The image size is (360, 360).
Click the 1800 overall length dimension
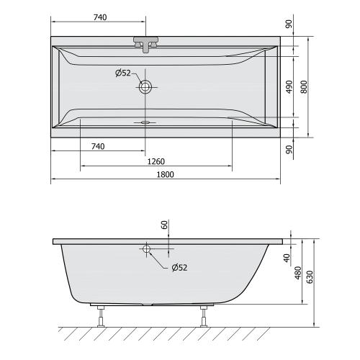click(165, 174)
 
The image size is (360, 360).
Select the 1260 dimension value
click(155, 161)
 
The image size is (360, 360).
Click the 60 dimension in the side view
click(164, 226)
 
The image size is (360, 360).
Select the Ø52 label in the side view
click(179, 268)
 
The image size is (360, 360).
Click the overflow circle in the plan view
click(146, 87)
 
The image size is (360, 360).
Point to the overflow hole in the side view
click(146, 250)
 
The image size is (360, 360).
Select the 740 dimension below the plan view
click(99, 147)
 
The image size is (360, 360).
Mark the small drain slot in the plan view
click(146, 122)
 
